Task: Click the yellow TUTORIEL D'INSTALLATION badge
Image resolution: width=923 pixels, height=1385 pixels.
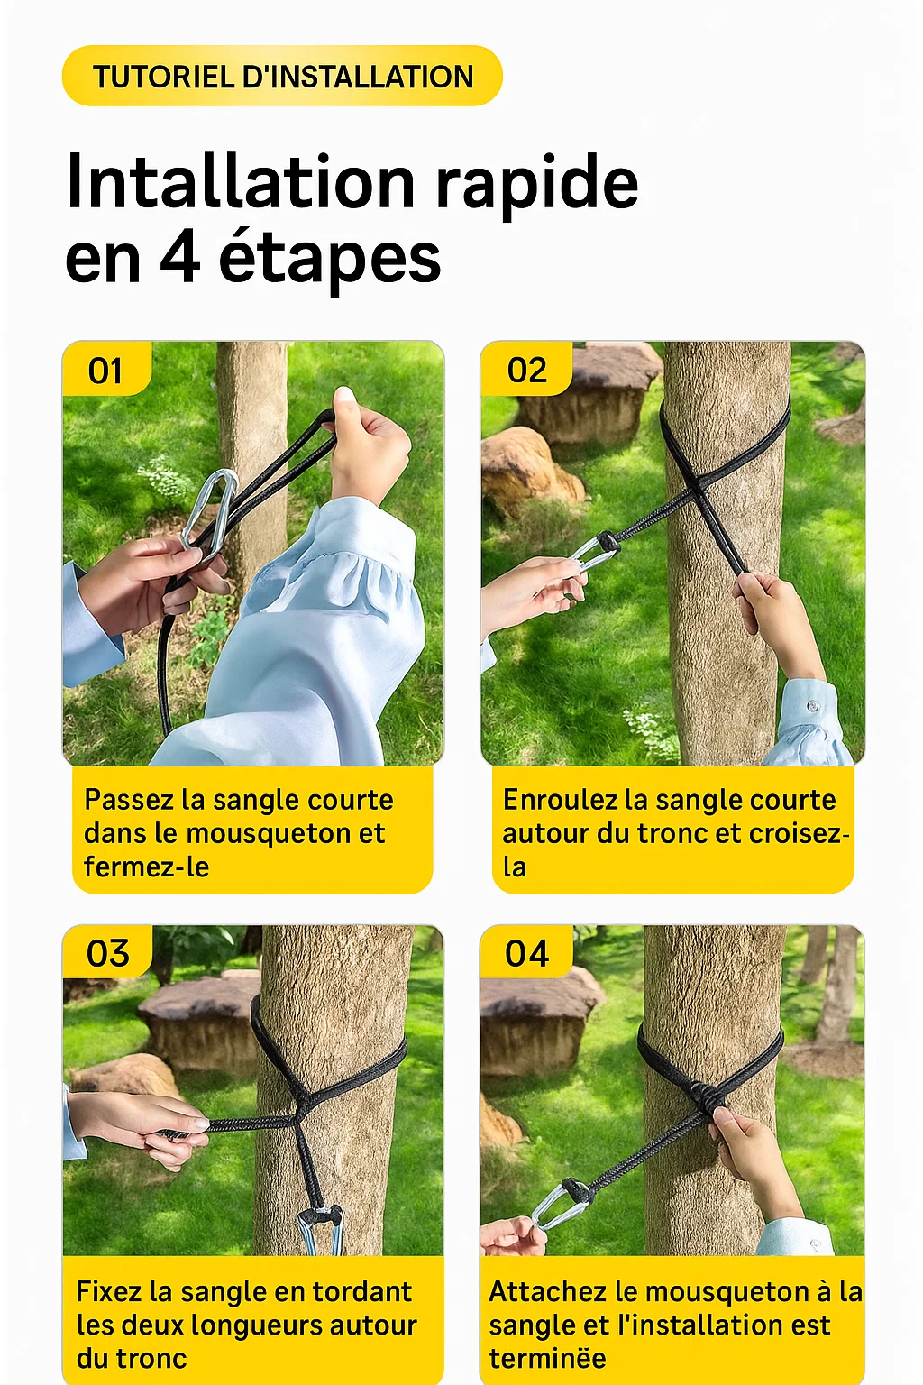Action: click(282, 77)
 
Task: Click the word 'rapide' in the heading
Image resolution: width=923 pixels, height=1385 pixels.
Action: click(537, 182)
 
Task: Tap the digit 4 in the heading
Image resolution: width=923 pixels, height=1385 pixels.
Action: click(179, 258)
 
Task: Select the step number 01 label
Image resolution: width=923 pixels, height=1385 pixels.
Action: click(105, 371)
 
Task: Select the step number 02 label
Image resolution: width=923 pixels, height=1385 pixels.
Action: click(527, 371)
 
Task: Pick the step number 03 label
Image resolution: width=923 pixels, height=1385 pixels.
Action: click(107, 953)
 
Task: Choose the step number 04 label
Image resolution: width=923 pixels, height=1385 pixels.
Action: click(527, 953)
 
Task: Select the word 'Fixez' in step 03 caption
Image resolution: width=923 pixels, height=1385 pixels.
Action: click(109, 1292)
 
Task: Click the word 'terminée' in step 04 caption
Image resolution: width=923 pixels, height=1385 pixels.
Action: click(547, 1359)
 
